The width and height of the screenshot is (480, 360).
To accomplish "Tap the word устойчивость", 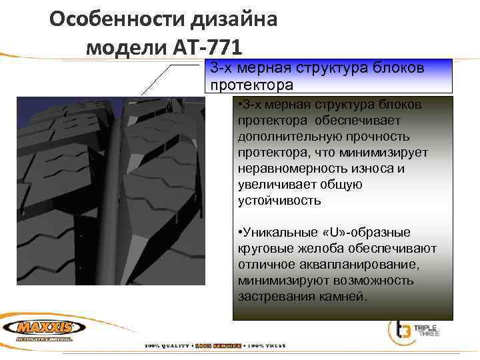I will pyautogui.click(x=271, y=200).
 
